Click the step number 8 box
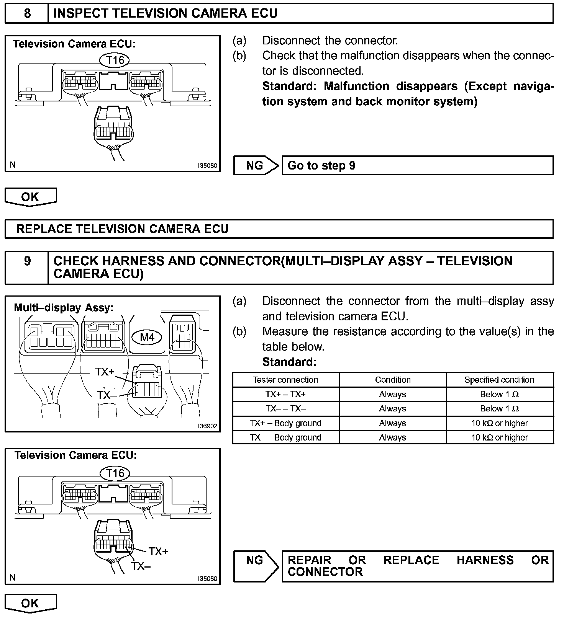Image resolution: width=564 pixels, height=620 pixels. (x=27, y=14)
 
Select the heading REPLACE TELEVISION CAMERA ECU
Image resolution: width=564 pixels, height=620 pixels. (x=123, y=229)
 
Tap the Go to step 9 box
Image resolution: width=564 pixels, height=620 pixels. (x=417, y=165)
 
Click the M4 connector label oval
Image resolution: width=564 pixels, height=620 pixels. (x=147, y=337)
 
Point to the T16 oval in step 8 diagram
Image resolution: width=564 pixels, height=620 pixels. (x=115, y=60)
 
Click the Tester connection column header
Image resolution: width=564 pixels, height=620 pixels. (x=285, y=380)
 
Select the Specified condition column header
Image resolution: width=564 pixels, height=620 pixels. (x=499, y=380)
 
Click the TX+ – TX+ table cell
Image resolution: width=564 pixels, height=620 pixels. (x=285, y=394)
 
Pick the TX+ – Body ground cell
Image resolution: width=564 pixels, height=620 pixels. (x=285, y=423)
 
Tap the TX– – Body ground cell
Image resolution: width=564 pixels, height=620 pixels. (x=285, y=437)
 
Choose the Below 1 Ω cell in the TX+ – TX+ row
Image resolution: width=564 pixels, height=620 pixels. (x=499, y=394)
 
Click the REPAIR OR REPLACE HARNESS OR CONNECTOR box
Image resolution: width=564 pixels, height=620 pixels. (x=417, y=566)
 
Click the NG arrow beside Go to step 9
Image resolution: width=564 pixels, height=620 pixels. (x=255, y=165)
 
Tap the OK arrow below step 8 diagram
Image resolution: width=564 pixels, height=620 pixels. (x=30, y=197)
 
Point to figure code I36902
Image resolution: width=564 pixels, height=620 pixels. (x=207, y=426)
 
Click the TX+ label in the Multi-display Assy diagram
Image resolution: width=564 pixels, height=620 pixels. (x=105, y=372)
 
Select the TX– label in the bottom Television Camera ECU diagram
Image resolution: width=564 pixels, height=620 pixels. (x=141, y=566)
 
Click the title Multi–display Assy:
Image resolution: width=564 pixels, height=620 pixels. (x=64, y=308)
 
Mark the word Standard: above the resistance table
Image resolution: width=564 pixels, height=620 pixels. (x=289, y=362)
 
